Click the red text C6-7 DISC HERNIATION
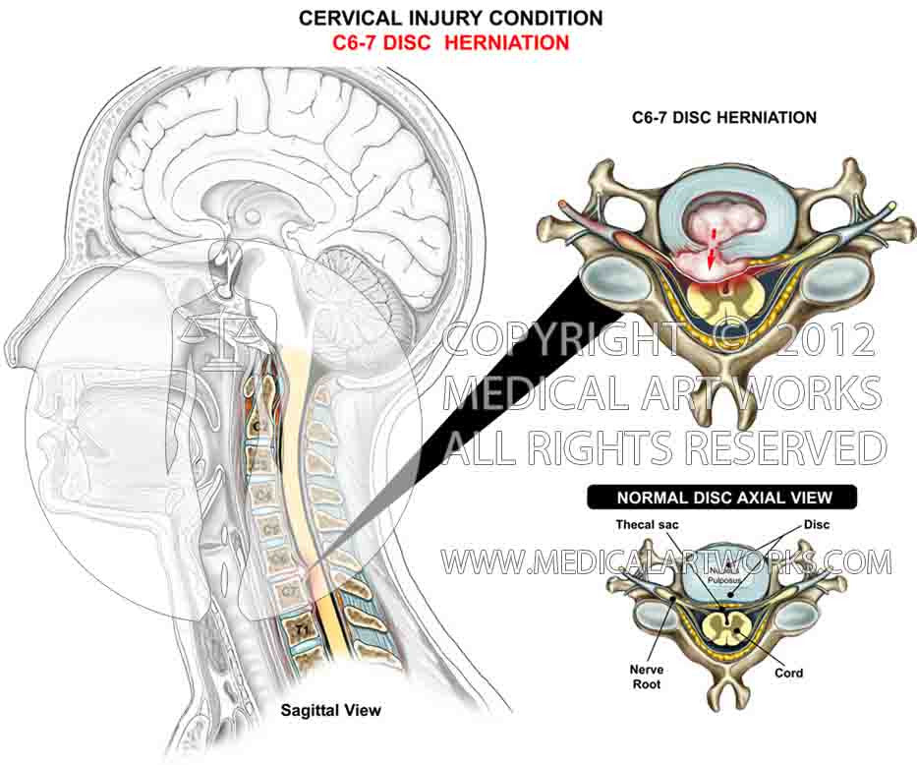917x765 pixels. pos(451,42)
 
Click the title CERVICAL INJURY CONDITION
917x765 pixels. pos(451,18)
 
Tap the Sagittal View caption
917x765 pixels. pos(330,709)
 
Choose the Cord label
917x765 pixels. pos(788,673)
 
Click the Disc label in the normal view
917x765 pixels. pos(816,525)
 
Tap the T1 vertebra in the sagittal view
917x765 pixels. pos(292,623)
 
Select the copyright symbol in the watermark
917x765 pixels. pos(736,340)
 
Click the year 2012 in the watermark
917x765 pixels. pos(824,340)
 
